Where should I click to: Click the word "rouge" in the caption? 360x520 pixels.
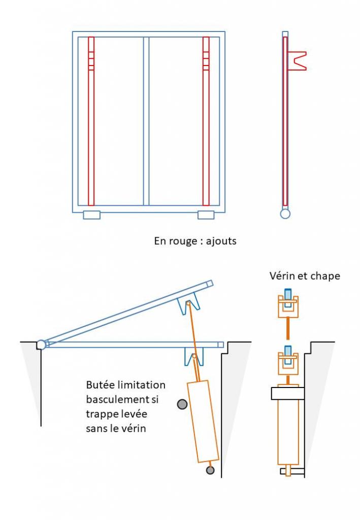point(181,241)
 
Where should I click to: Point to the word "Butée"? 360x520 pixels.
point(100,384)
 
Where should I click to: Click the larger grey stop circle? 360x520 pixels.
point(182,404)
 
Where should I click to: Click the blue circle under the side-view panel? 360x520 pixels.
point(285,214)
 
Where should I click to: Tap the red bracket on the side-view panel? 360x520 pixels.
point(297,60)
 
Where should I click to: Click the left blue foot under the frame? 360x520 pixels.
point(92,215)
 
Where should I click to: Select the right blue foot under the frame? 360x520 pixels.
point(206,215)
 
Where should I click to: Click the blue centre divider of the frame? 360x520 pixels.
point(146,122)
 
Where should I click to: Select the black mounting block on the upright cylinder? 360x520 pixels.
point(287,392)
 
